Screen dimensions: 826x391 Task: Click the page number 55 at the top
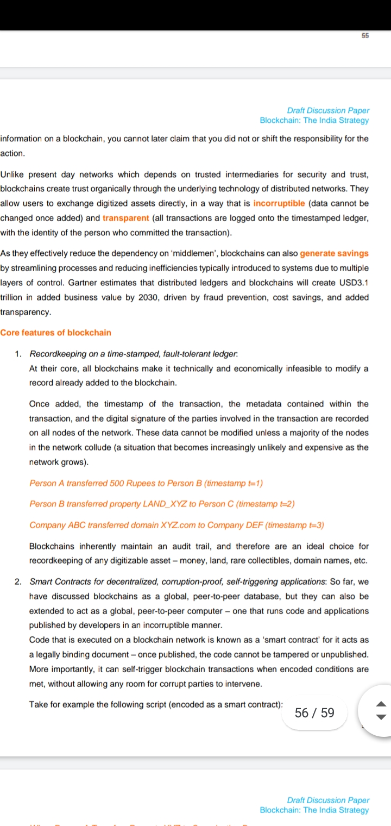click(364, 35)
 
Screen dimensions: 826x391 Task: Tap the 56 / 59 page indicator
click(314, 713)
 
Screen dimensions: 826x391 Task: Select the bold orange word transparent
click(125, 218)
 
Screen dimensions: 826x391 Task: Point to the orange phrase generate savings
click(334, 253)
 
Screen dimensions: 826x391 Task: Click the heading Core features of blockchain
click(55, 333)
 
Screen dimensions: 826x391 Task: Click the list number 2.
click(18, 582)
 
